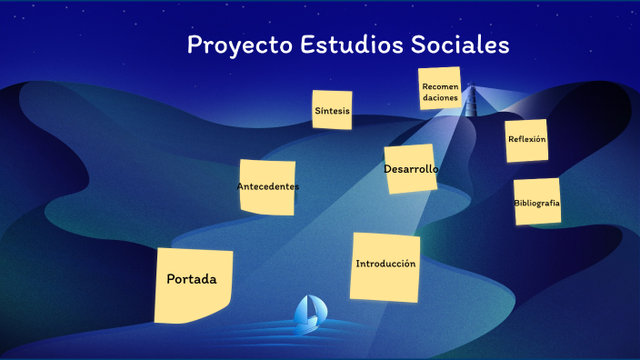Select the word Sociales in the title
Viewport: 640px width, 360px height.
point(462,45)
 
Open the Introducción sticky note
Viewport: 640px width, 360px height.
point(385,267)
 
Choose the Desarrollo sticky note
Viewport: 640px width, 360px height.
point(411,169)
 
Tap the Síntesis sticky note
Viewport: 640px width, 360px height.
point(332,110)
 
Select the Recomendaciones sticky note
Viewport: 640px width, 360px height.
point(440,89)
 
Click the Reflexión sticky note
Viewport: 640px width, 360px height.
point(526,140)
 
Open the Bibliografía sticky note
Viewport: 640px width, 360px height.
point(536,202)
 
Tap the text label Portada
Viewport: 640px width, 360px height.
point(192,279)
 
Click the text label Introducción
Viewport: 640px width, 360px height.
point(385,264)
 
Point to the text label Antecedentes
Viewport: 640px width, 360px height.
point(267,186)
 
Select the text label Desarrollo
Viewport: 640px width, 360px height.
point(411,169)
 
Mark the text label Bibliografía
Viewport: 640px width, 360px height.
point(536,203)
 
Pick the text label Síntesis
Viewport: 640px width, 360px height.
point(332,111)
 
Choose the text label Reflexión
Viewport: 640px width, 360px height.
point(526,139)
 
